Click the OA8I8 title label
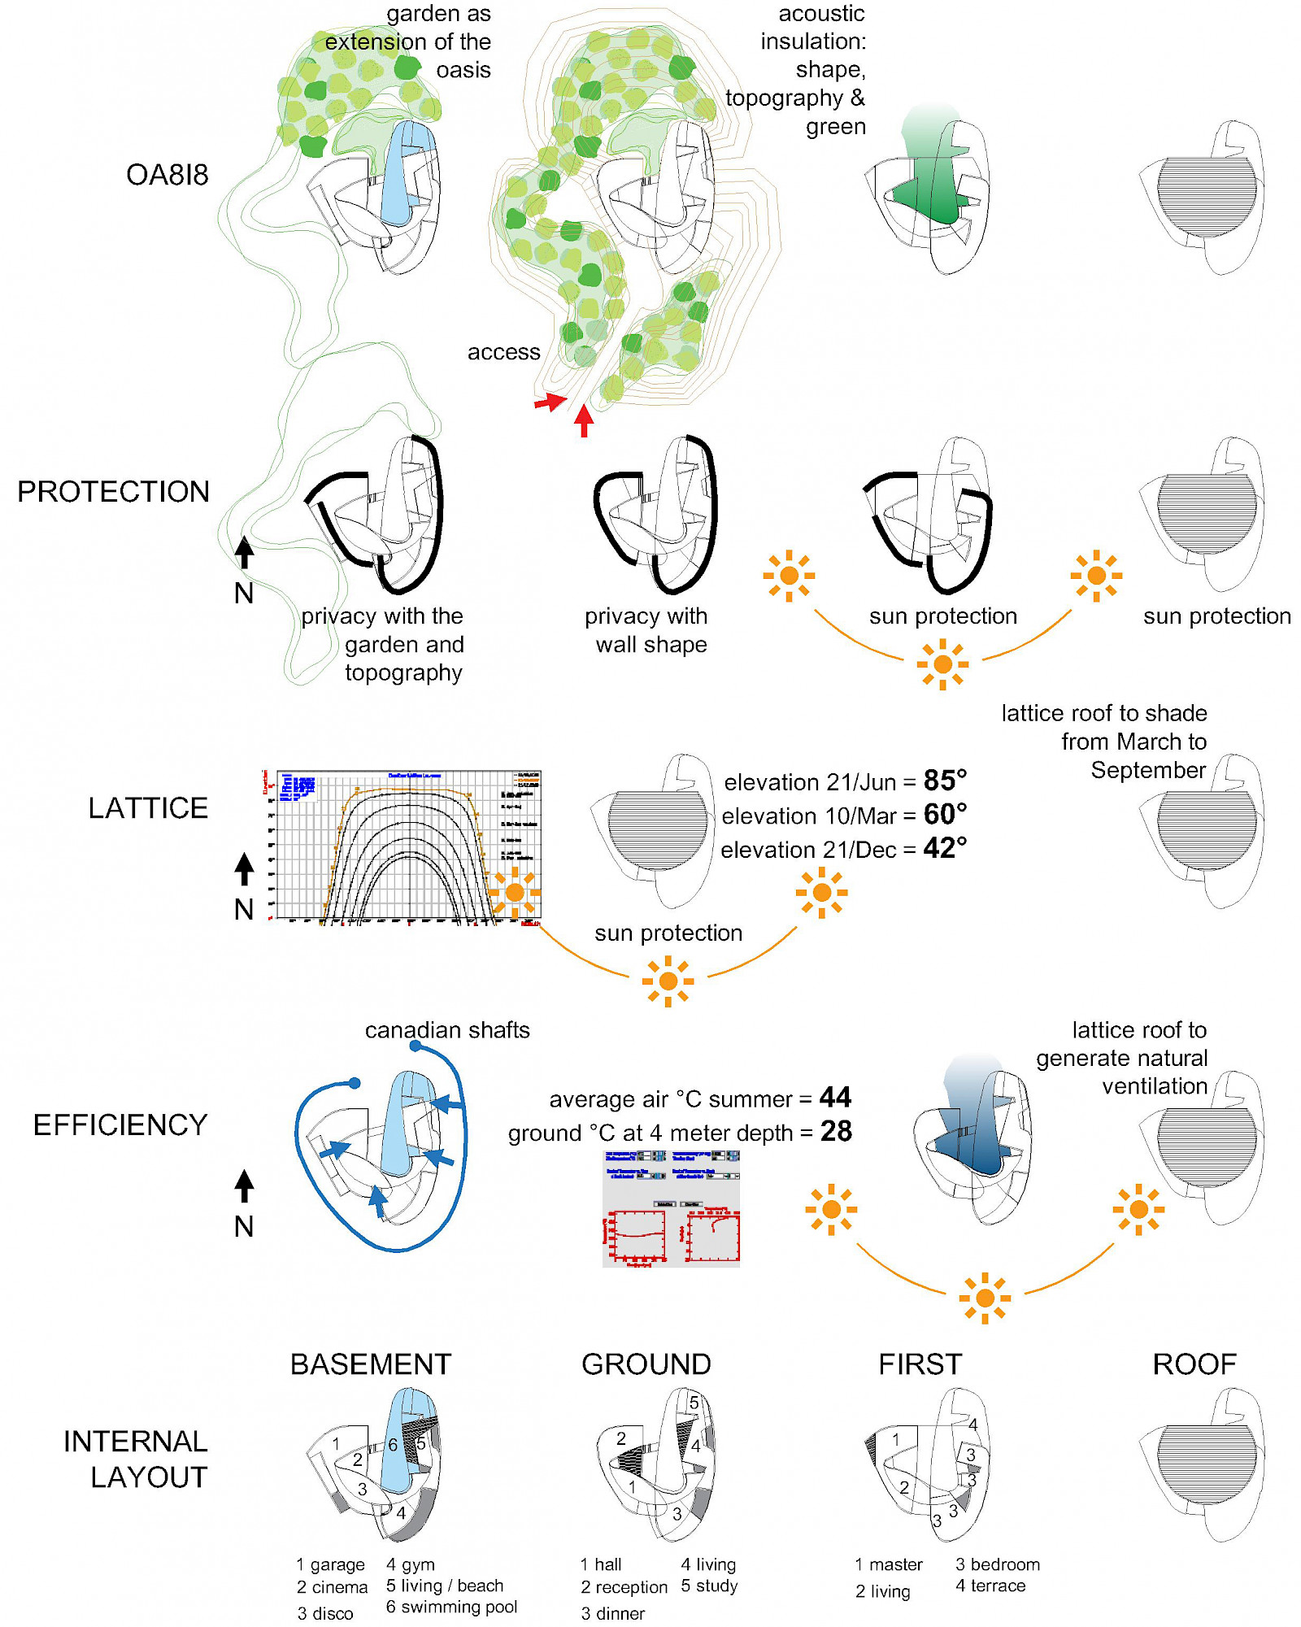(x=167, y=175)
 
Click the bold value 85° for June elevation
(x=945, y=781)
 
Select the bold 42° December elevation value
(x=945, y=848)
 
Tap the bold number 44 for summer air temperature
(x=835, y=1098)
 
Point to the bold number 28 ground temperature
(x=836, y=1131)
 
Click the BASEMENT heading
(x=371, y=1364)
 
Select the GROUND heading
(x=646, y=1364)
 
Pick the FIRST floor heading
(x=920, y=1364)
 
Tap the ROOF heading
(x=1194, y=1364)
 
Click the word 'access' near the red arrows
(x=503, y=352)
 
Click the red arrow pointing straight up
(x=584, y=420)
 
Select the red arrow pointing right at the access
(x=550, y=402)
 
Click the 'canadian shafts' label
(x=447, y=1030)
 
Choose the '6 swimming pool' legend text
(x=451, y=1607)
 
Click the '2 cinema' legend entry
(x=332, y=1587)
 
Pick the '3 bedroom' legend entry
(x=997, y=1564)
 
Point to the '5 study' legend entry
(x=709, y=1586)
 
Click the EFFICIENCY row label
(x=120, y=1125)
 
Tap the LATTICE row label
(x=148, y=807)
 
